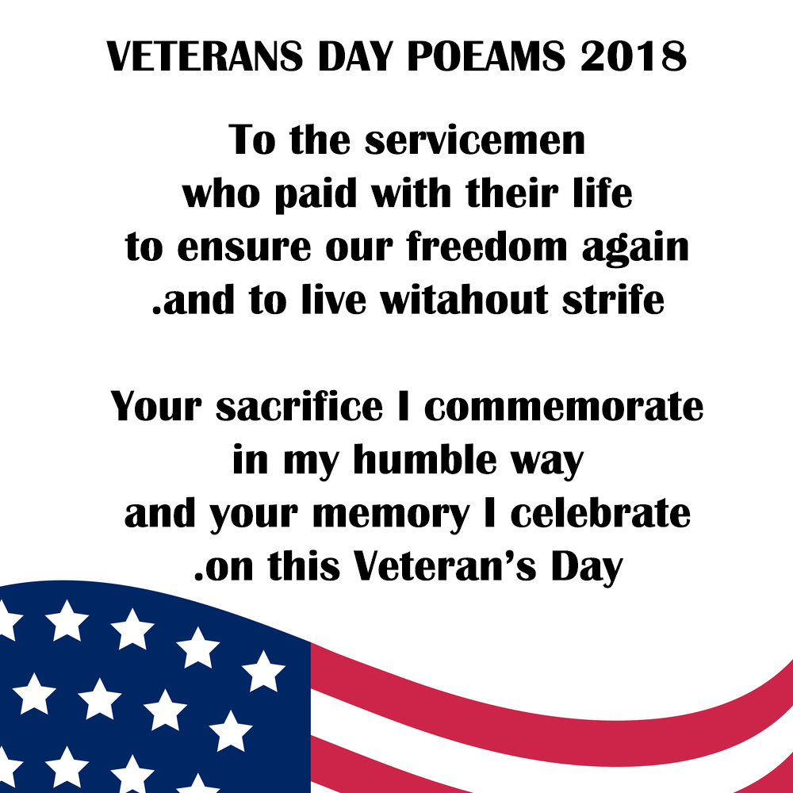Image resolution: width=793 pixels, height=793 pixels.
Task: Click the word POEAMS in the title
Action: pyautogui.click(x=486, y=56)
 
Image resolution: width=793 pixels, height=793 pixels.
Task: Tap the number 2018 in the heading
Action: pyautogui.click(x=634, y=56)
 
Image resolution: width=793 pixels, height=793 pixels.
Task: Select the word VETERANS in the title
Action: pyautogui.click(x=205, y=56)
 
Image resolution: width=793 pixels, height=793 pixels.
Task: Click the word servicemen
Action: pyautogui.click(x=475, y=140)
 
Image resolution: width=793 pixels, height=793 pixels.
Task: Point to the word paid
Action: pyautogui.click(x=316, y=193)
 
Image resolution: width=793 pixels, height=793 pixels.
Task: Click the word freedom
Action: pyautogui.click(x=487, y=247)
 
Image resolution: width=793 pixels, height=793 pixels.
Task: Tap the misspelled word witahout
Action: pyautogui.click(x=464, y=300)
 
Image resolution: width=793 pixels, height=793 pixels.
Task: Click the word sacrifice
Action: pyautogui.click(x=300, y=407)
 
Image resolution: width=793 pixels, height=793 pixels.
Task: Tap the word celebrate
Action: pyautogui.click(x=600, y=513)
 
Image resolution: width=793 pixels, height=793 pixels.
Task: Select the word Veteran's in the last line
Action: pyautogui.click(x=444, y=566)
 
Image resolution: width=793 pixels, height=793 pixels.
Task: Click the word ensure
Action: pyautogui.click(x=244, y=248)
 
